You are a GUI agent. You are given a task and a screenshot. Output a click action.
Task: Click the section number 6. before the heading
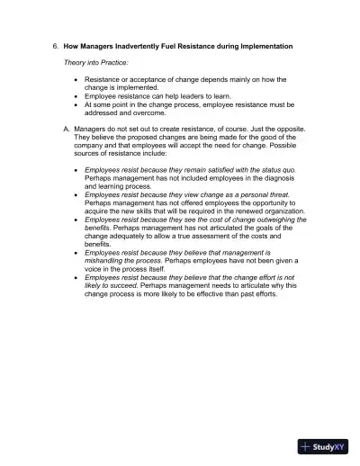pyautogui.click(x=55, y=45)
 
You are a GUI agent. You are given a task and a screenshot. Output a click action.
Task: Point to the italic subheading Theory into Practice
pyautogui.click(x=95, y=62)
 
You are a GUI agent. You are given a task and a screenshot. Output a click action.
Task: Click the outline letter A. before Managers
pyautogui.click(x=67, y=130)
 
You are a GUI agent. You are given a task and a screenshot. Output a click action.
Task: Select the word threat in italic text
pyautogui.click(x=282, y=193)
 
